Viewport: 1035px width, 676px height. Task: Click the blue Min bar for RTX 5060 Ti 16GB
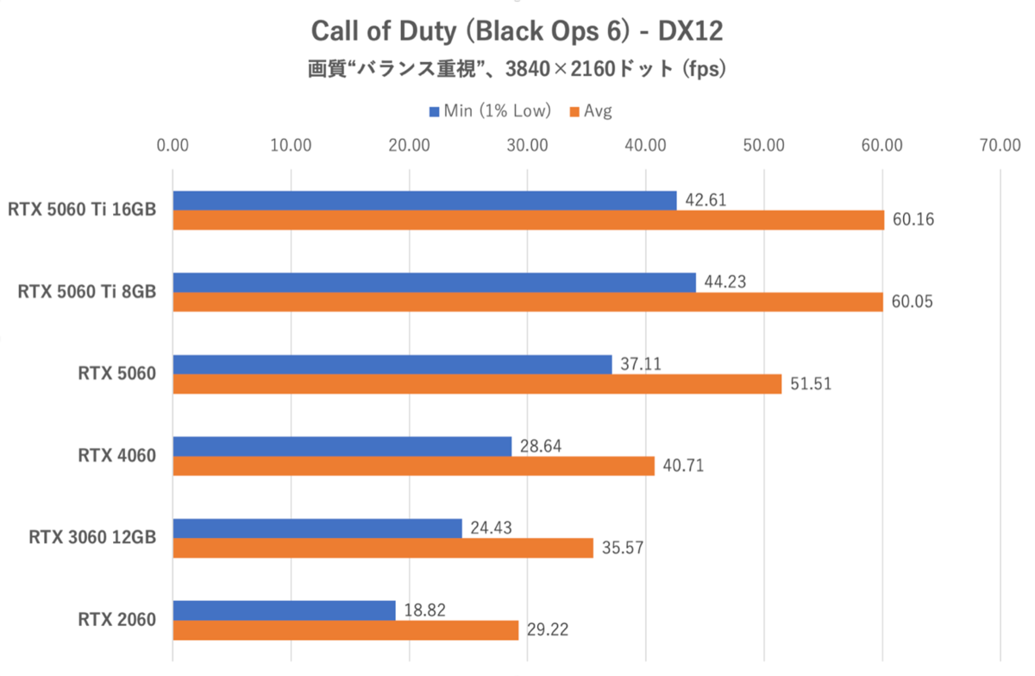pyautogui.click(x=424, y=200)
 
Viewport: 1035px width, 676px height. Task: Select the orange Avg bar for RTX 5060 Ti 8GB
pyautogui.click(x=528, y=302)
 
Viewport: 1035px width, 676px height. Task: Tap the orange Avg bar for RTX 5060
pyautogui.click(x=477, y=384)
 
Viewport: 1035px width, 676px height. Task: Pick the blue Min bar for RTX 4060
pyautogui.click(x=342, y=446)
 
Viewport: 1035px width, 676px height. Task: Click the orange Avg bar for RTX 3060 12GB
pyautogui.click(x=383, y=548)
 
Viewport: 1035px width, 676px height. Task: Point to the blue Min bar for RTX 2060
pyautogui.click(x=285, y=610)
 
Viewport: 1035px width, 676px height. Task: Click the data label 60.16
pyautogui.click(x=913, y=221)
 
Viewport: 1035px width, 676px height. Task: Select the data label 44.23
pyautogui.click(x=724, y=282)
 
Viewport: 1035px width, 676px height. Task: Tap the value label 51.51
pyautogui.click(x=811, y=385)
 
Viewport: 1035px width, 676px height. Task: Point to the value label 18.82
pyautogui.click(x=424, y=610)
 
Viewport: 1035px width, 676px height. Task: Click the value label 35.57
pyautogui.click(x=623, y=549)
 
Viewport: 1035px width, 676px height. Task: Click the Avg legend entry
pyautogui.click(x=591, y=111)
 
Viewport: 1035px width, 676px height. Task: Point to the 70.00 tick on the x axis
pyautogui.click(x=1000, y=145)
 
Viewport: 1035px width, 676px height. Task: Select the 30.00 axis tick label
pyautogui.click(x=527, y=145)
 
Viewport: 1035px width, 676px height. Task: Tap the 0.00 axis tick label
pyautogui.click(x=173, y=145)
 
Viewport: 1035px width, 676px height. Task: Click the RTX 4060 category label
pyautogui.click(x=116, y=456)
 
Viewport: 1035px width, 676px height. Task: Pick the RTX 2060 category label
pyautogui.click(x=116, y=619)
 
